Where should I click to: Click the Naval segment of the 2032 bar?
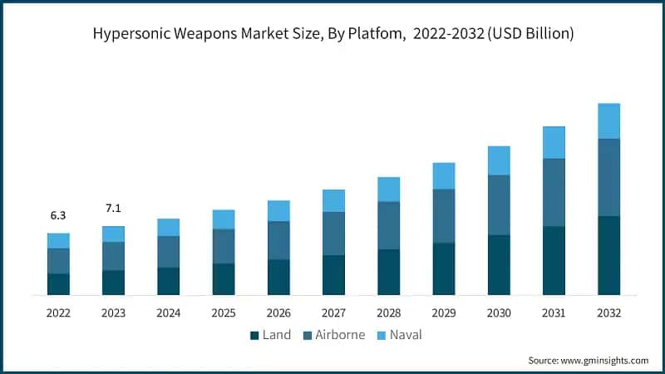(x=608, y=121)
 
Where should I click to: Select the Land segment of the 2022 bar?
(x=58, y=284)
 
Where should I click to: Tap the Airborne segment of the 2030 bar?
(x=499, y=204)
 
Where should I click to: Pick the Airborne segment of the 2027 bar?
(x=333, y=234)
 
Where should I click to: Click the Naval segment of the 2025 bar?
(x=224, y=219)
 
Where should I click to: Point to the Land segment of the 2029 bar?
(x=444, y=268)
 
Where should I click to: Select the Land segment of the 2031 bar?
(x=554, y=260)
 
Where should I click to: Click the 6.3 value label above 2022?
(x=58, y=215)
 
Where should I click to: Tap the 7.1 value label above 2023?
(x=113, y=207)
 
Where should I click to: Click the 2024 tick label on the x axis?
(x=169, y=313)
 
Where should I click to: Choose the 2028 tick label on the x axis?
(x=389, y=313)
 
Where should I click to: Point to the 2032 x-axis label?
(x=608, y=313)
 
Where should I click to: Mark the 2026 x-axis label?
(x=278, y=313)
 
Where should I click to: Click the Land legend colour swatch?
(x=255, y=336)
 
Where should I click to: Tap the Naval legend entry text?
(x=406, y=336)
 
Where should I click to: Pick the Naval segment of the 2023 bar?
(x=113, y=234)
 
